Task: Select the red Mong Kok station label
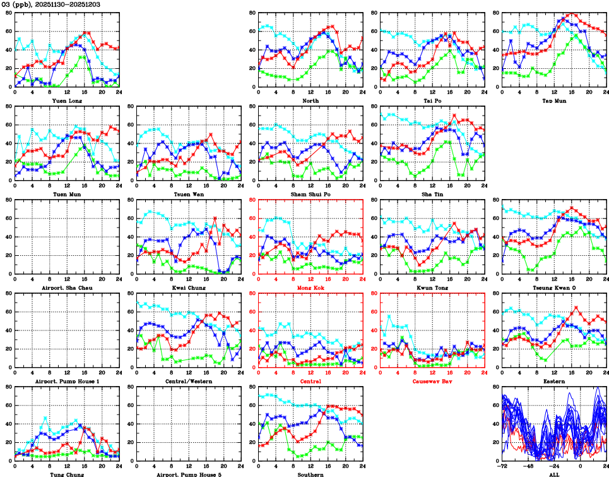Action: coord(310,287)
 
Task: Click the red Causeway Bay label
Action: coord(432,381)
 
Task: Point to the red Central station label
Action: coord(310,381)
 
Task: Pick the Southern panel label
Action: coord(310,474)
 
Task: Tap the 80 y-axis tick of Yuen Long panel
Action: coord(8,13)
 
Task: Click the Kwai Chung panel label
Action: coord(189,287)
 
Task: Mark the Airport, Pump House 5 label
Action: coord(189,474)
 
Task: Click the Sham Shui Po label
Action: coord(310,193)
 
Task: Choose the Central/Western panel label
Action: coord(189,381)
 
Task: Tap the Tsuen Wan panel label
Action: coord(189,193)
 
